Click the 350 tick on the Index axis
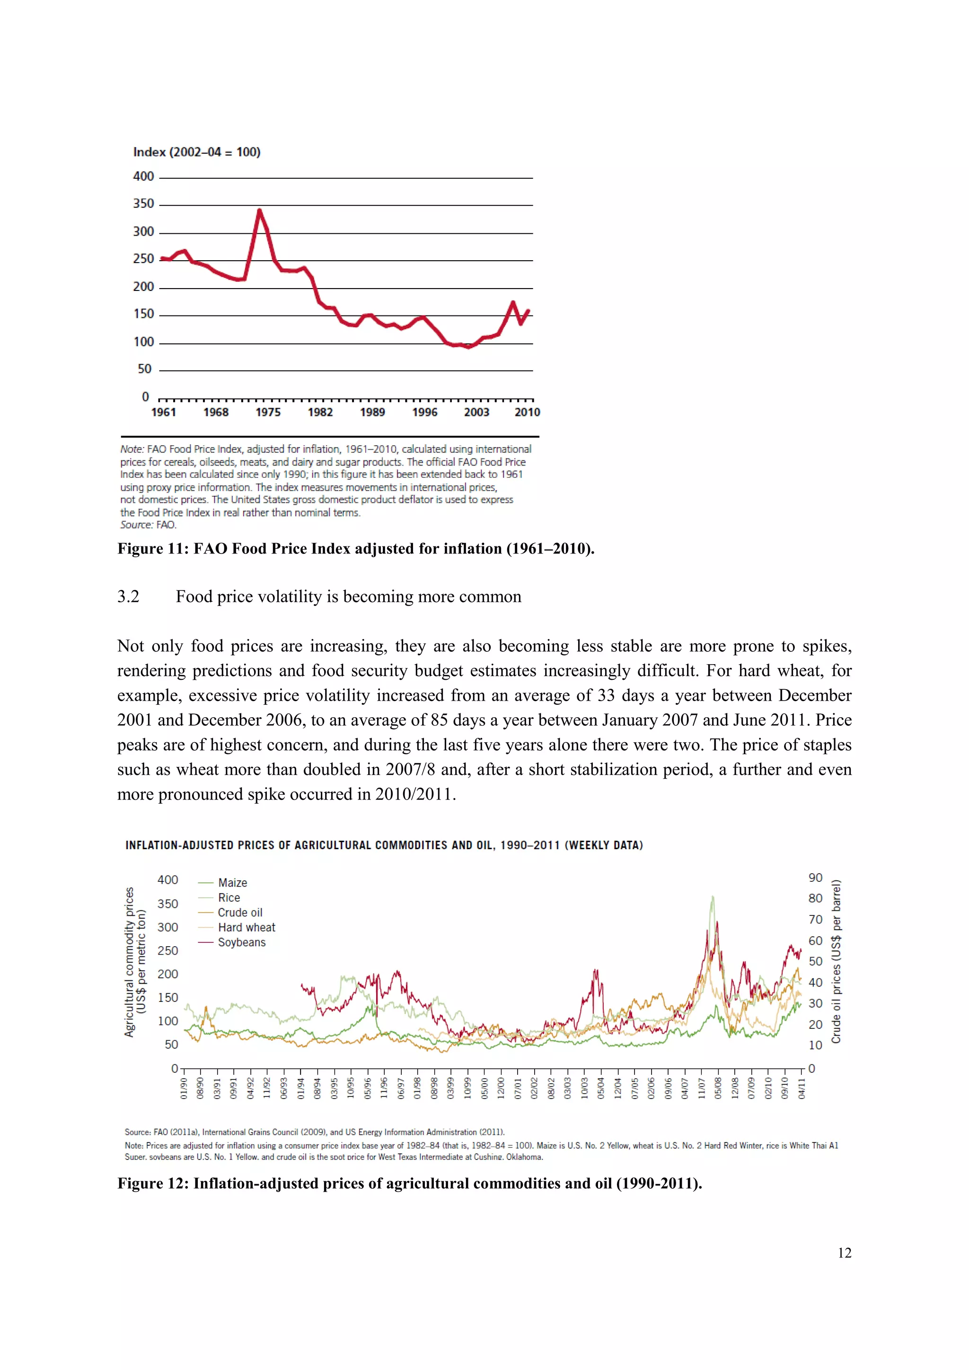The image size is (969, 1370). coord(143,204)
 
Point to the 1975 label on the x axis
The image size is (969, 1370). coord(268,413)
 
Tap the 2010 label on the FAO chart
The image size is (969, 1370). coord(527,413)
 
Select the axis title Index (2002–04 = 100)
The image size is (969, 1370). coord(196,152)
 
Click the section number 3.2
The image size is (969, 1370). coord(128,597)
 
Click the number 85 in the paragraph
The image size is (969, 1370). coord(439,720)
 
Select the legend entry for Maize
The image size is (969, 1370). coord(232,882)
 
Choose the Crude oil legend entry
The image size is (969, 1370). coord(240,913)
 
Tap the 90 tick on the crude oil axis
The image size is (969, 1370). coord(815,878)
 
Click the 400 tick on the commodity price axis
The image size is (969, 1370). coord(167,880)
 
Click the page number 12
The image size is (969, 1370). coord(844,1253)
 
